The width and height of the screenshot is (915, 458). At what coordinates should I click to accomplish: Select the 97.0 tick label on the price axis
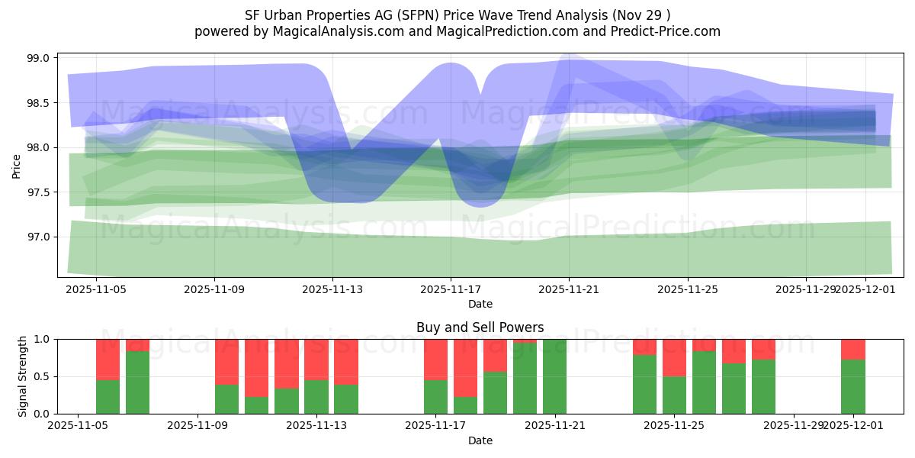click(39, 237)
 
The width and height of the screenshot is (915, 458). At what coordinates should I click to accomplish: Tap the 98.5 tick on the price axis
click(39, 103)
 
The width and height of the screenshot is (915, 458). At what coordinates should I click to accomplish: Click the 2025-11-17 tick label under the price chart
click(450, 290)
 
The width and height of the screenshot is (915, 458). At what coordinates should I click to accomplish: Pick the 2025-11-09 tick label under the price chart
click(214, 290)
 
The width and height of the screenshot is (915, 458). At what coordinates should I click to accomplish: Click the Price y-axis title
click(17, 165)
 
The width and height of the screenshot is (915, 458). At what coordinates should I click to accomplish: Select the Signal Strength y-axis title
click(23, 376)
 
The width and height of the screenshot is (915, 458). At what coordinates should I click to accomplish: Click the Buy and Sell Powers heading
click(480, 327)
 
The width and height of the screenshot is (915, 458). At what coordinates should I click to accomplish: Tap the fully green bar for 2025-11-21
click(554, 376)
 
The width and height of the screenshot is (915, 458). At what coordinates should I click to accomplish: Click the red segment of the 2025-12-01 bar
click(852, 349)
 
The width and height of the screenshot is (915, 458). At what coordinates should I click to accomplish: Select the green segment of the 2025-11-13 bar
click(316, 397)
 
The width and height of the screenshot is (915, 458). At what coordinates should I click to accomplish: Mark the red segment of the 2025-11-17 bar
click(435, 359)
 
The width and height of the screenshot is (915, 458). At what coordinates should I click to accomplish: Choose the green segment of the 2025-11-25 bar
click(674, 395)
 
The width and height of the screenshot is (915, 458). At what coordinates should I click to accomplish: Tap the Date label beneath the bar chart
click(480, 440)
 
